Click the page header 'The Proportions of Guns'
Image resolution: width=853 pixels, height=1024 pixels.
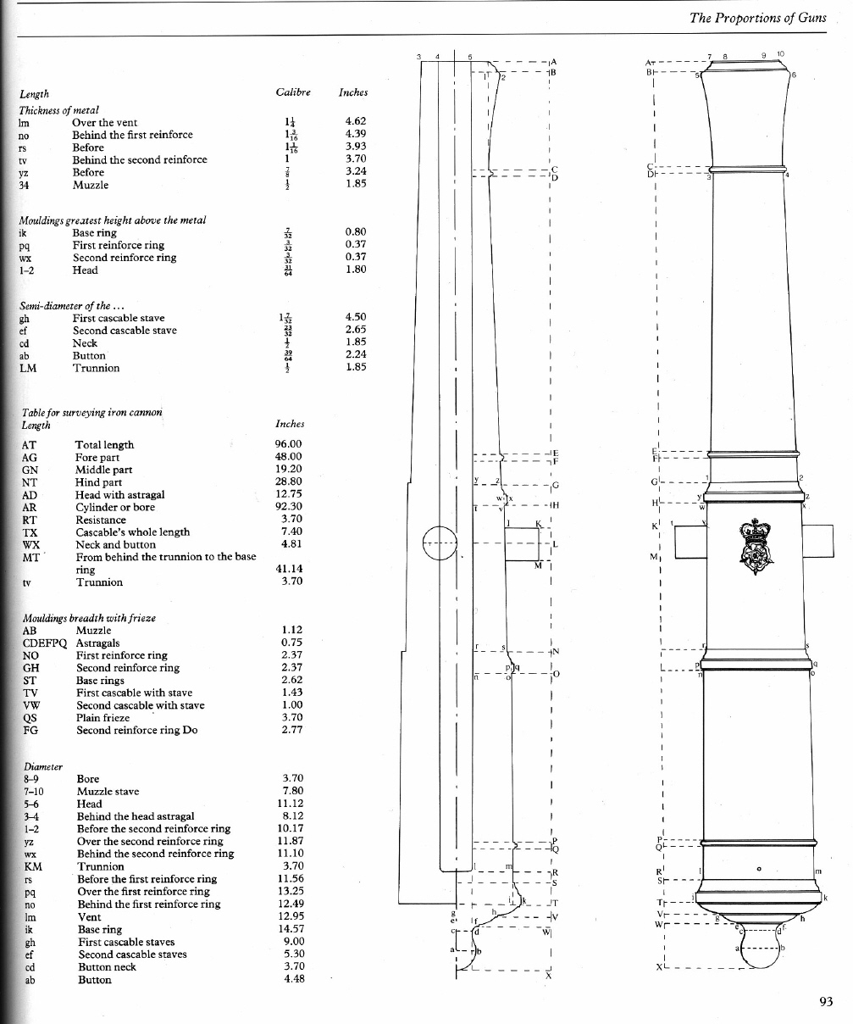(757, 18)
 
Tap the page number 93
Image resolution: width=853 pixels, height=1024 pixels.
(827, 1002)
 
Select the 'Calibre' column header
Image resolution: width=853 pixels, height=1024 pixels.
(293, 92)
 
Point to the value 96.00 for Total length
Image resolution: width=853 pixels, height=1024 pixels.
(289, 443)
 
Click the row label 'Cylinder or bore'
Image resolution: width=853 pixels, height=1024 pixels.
(115, 507)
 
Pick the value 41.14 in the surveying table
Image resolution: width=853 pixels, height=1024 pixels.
(289, 568)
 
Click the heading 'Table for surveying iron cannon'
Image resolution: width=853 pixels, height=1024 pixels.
(91, 412)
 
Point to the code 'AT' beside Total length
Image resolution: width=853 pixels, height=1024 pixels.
(30, 444)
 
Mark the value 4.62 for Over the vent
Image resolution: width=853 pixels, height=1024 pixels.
(356, 121)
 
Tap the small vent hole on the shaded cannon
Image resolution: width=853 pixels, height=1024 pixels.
(760, 868)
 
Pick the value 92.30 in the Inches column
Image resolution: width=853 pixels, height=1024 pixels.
(289, 506)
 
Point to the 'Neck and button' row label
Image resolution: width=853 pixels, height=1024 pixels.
(116, 544)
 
